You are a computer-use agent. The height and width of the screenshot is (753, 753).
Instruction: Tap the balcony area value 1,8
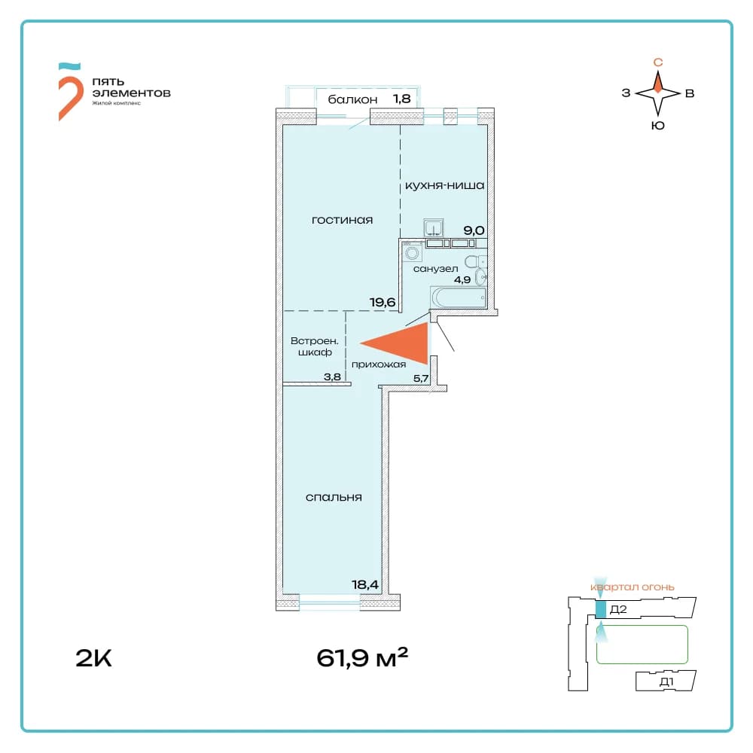pos(402,99)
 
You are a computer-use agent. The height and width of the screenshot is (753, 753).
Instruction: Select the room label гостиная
pos(342,221)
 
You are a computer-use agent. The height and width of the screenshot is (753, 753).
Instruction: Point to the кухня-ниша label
pos(445,185)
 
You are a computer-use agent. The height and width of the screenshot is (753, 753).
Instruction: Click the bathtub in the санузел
pos(459,297)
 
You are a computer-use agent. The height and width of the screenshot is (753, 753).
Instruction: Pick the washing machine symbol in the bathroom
pos(412,252)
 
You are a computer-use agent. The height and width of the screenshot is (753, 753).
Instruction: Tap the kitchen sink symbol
pos(433,227)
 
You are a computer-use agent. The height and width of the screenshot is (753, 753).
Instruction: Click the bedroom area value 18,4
pos(365,584)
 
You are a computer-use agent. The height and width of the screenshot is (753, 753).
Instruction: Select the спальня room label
pos(334,498)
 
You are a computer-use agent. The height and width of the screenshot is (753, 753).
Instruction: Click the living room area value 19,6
pos(383,302)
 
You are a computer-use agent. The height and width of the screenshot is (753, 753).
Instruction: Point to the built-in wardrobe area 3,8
pos(332,377)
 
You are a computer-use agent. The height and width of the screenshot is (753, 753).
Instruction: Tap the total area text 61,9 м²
pos(362,657)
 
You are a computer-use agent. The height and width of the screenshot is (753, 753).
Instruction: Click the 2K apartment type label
pos(93,658)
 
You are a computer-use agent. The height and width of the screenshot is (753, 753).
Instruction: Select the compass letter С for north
pos(658,62)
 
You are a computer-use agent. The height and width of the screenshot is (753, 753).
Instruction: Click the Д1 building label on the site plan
pos(666,681)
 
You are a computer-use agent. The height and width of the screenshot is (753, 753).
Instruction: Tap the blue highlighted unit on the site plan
pos(601,609)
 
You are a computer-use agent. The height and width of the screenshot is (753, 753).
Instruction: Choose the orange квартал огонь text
pos(632,587)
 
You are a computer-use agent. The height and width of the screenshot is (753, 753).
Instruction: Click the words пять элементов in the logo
pos(131,87)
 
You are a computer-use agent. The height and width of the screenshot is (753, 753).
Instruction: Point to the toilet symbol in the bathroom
pos(475,262)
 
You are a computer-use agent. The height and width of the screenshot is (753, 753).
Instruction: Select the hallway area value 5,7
pos(421,379)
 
